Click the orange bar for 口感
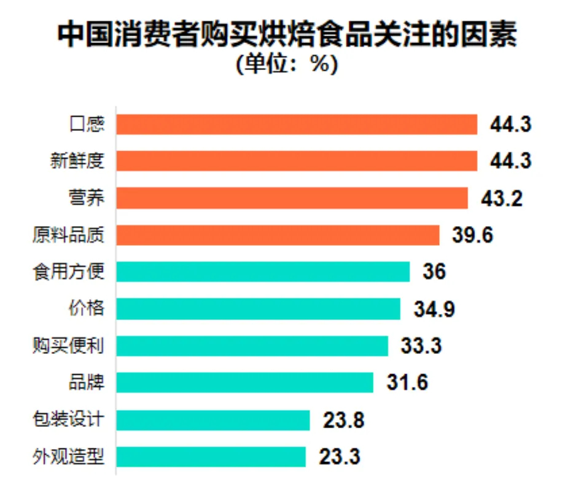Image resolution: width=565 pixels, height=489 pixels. pos(297,124)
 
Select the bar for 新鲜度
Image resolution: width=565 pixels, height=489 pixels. pos(297,161)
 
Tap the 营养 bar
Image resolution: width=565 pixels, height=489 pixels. pos(292,198)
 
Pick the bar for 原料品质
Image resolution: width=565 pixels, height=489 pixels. pos(278,235)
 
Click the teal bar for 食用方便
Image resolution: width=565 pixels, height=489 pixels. pos(263,272)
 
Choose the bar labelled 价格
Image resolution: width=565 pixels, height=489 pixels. pos(258,308)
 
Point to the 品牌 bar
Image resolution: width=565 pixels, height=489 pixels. pos(244,382)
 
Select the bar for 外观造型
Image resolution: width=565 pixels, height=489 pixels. pos(211,456)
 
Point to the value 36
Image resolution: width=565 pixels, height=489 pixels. pos(434,272)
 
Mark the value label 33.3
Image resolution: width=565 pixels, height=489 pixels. pos(421,345)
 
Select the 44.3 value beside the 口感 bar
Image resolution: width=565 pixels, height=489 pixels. pos(510,124)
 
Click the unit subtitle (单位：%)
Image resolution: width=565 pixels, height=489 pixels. pos(287,64)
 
